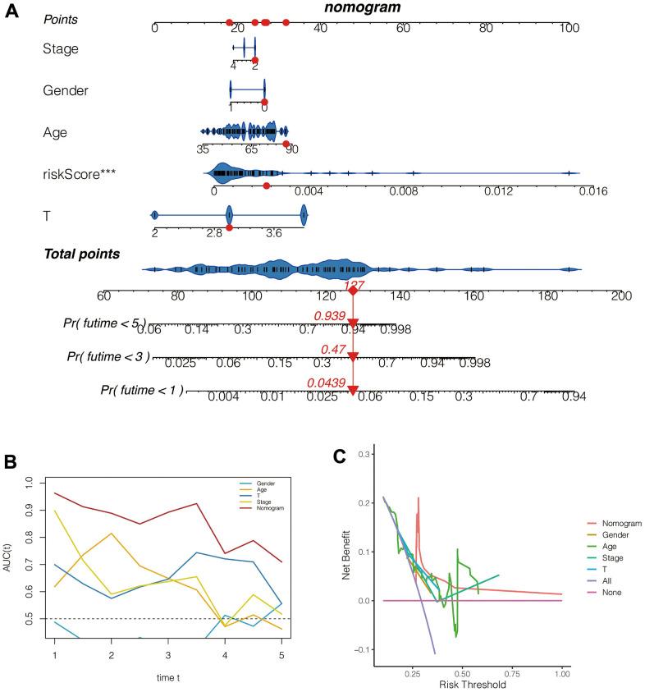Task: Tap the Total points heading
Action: (x=81, y=254)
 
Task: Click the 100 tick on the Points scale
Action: (x=569, y=28)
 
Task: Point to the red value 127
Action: (x=353, y=283)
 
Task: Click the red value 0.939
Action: (x=328, y=315)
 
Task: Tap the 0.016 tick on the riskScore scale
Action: (x=592, y=191)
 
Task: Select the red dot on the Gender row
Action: (x=264, y=100)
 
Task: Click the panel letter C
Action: (x=338, y=456)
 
